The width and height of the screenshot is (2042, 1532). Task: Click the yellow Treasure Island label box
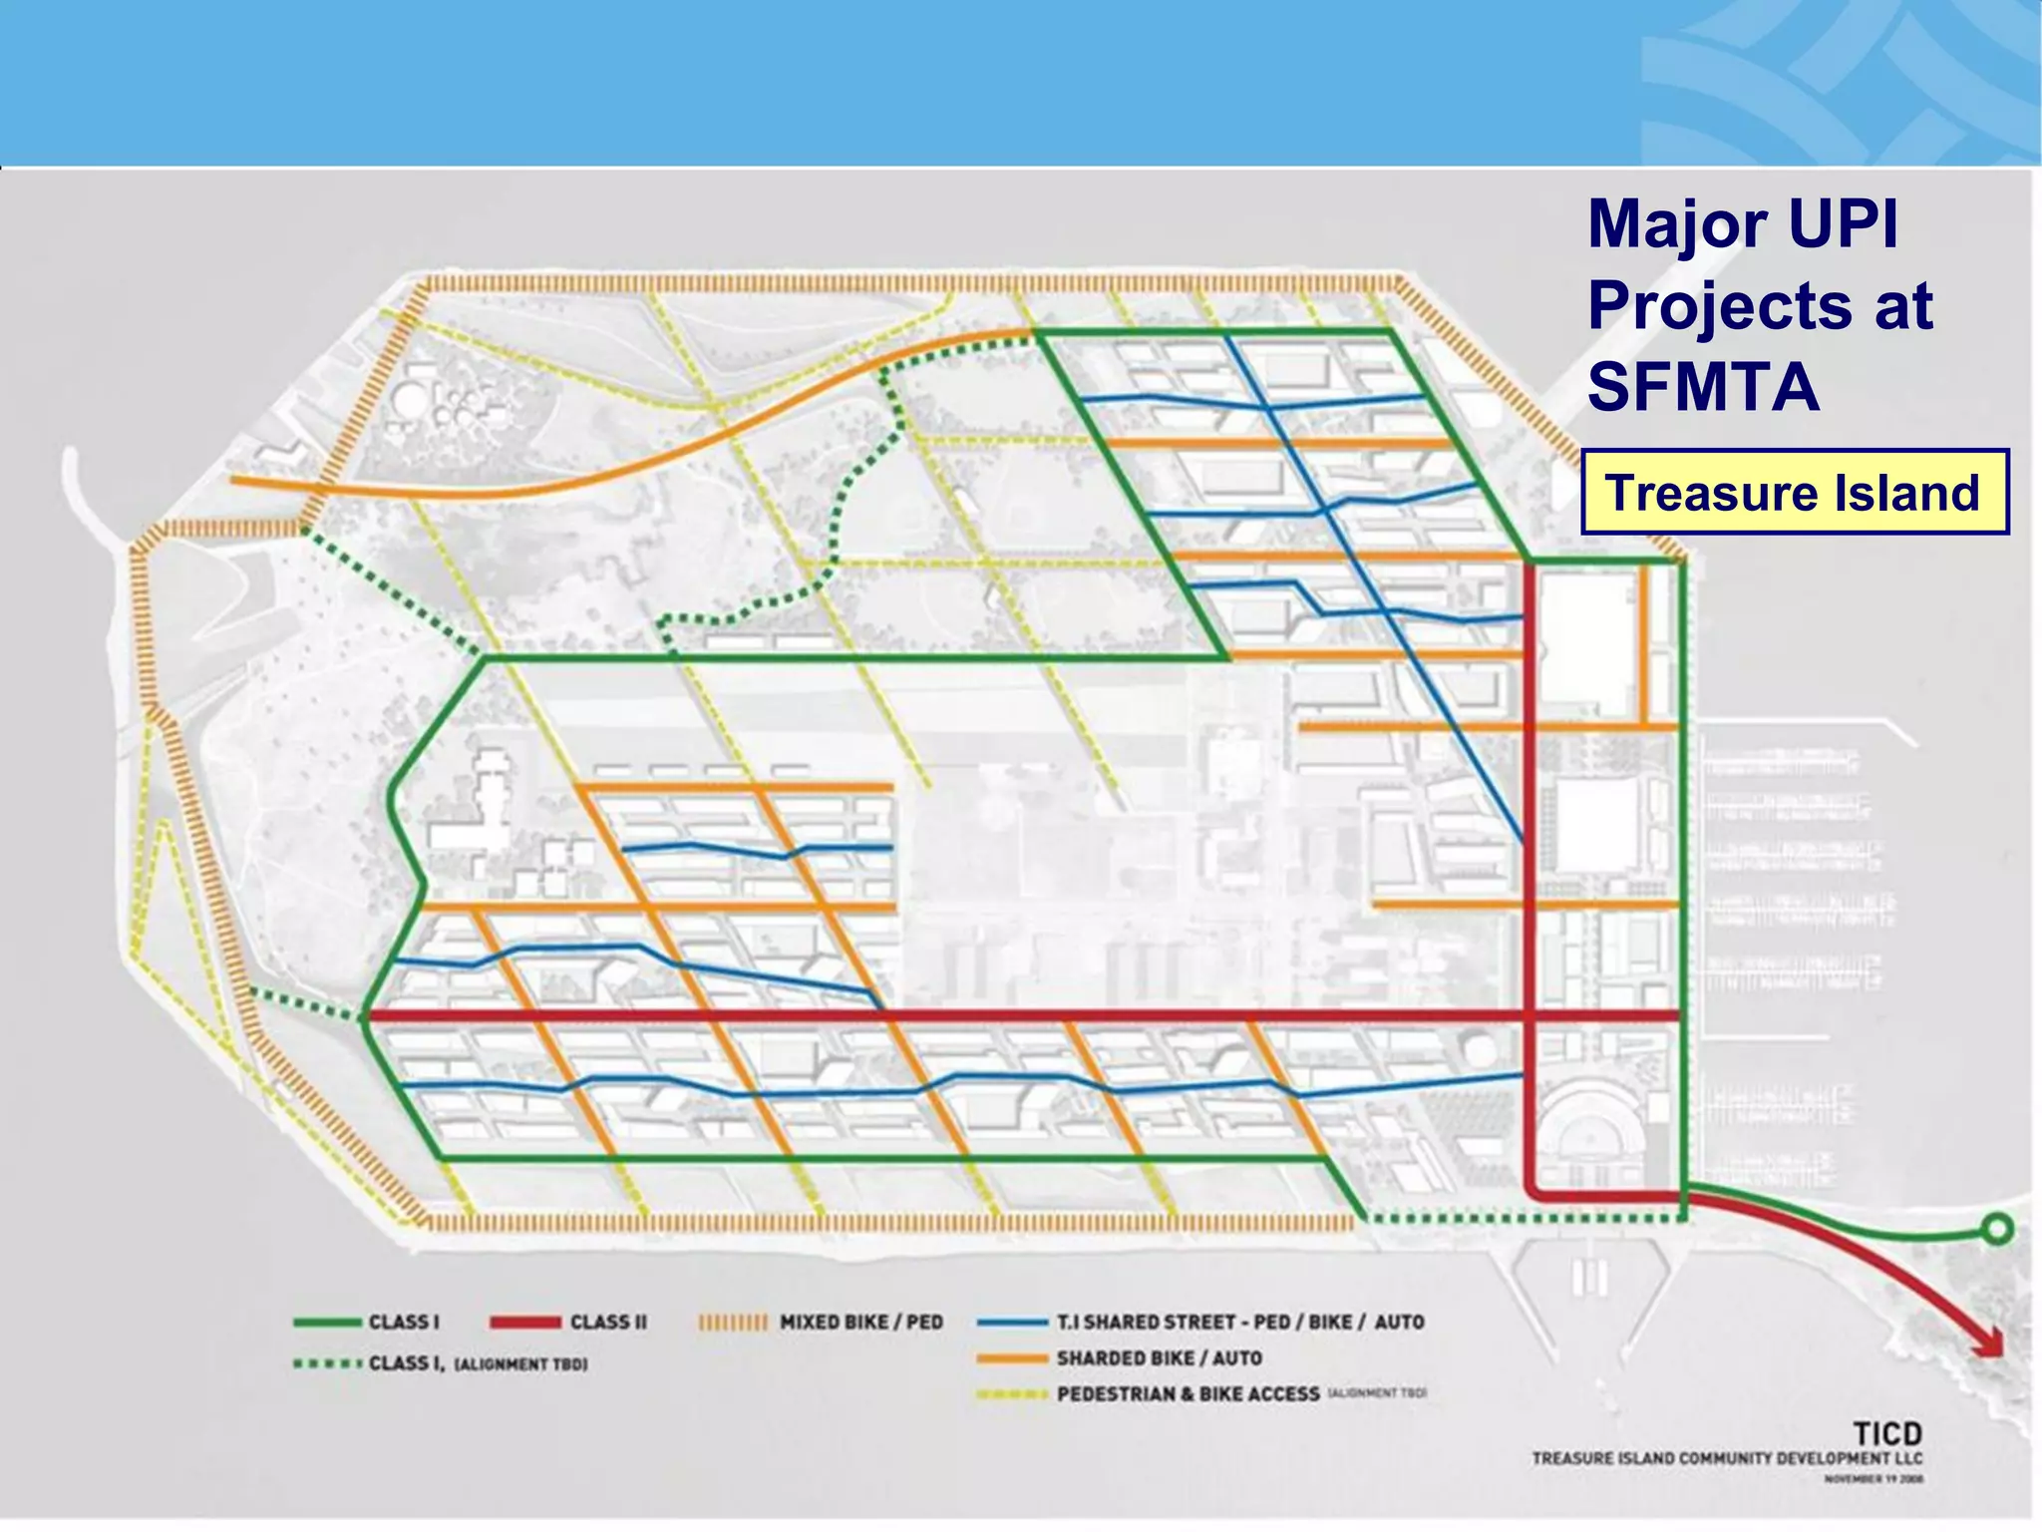pyautogui.click(x=1794, y=493)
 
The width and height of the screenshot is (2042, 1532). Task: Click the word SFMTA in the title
pyautogui.click(x=1703, y=387)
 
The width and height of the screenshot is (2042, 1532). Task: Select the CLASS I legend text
pyautogui.click(x=403, y=1322)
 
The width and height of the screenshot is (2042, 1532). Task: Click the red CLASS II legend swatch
pyautogui.click(x=524, y=1322)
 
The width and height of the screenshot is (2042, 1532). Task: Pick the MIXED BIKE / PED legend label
pyautogui.click(x=860, y=1322)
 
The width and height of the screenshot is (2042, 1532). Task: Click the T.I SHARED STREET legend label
pyautogui.click(x=1239, y=1322)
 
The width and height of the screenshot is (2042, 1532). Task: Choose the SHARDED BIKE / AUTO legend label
pyautogui.click(x=1159, y=1357)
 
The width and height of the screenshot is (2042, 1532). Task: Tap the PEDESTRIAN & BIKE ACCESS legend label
pyautogui.click(x=1189, y=1393)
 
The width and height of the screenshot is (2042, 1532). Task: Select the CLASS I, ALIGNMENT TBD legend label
pyautogui.click(x=478, y=1363)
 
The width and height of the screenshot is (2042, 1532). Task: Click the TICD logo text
pyautogui.click(x=1886, y=1434)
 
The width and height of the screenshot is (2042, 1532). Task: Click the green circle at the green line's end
pyautogui.click(x=1997, y=1229)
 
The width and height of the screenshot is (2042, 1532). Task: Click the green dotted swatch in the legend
pyautogui.click(x=327, y=1363)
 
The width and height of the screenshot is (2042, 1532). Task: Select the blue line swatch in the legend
pyautogui.click(x=1011, y=1323)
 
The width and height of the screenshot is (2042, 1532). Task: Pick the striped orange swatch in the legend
pyautogui.click(x=733, y=1323)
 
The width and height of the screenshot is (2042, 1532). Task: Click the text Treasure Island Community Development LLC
pyautogui.click(x=1727, y=1458)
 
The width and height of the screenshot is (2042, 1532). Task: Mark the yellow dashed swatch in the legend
pyautogui.click(x=1011, y=1394)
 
